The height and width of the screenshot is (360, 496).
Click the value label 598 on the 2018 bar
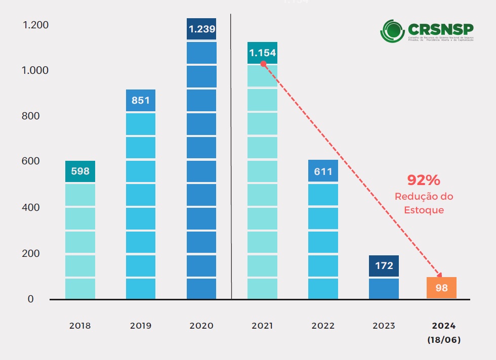(x=80, y=171)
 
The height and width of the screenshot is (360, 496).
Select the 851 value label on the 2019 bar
(x=141, y=100)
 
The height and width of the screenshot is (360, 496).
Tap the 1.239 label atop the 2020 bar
(x=201, y=29)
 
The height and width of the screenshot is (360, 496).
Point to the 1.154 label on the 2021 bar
(x=262, y=53)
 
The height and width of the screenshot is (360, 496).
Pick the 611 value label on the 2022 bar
(x=323, y=171)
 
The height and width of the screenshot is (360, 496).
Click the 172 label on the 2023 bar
(x=384, y=265)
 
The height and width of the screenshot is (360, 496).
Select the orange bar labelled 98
(x=441, y=288)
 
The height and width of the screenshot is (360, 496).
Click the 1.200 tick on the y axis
(x=35, y=25)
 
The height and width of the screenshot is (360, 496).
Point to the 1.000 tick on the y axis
(x=35, y=70)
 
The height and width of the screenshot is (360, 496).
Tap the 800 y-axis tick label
(x=31, y=116)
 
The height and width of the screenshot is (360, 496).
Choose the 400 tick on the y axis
(x=31, y=207)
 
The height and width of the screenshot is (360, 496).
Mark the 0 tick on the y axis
(x=30, y=299)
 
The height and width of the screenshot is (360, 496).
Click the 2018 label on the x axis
(x=80, y=326)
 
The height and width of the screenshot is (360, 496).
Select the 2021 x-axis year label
(x=262, y=326)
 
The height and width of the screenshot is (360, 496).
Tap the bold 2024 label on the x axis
(x=443, y=326)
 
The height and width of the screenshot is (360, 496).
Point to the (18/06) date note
(x=443, y=340)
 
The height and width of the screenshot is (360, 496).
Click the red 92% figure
(x=424, y=179)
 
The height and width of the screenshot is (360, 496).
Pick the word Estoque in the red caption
(x=424, y=209)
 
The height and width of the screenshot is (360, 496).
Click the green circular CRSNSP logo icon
(x=392, y=31)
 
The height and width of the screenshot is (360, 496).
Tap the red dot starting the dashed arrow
(x=263, y=64)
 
